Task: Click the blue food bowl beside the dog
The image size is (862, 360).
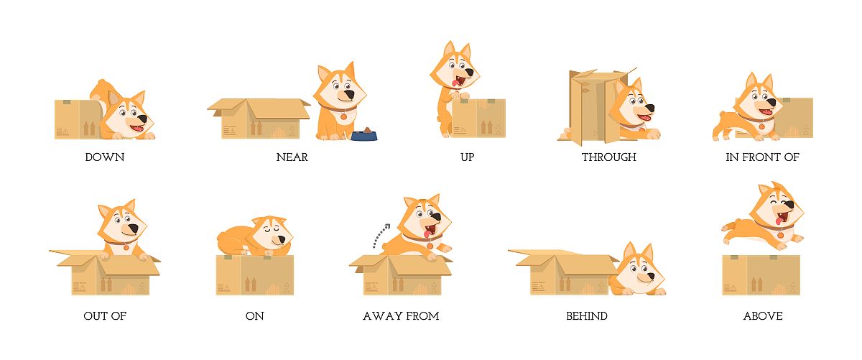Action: point(364,134)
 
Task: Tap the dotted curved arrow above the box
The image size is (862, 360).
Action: point(381,236)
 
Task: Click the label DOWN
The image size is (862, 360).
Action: point(105,157)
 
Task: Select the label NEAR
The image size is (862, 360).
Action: point(292,157)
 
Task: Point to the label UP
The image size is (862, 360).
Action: point(467,157)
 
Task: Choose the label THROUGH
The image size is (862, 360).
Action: point(609,157)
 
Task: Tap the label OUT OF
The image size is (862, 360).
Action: point(105,316)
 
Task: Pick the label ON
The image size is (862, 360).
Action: point(255,316)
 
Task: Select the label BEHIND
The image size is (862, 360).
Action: point(587,316)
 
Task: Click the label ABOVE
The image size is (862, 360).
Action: point(763,316)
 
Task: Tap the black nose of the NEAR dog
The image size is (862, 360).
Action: point(349,95)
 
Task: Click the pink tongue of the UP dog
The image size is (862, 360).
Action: point(455,83)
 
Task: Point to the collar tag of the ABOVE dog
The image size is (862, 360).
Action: point(780,235)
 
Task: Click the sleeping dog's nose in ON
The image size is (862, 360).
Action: point(282,240)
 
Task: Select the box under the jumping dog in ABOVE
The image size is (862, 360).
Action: point(761,275)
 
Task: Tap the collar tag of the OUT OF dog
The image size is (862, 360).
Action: point(126,247)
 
